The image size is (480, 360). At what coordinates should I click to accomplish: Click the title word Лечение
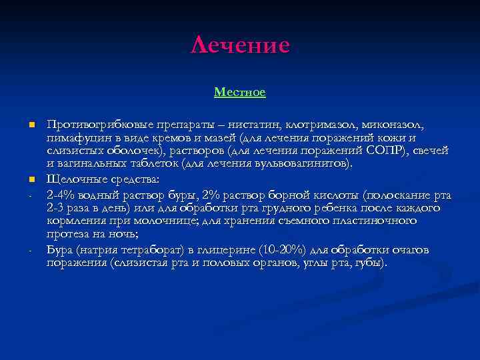240,45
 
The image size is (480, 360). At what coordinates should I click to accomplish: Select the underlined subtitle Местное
240,92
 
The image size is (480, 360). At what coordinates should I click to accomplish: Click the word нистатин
253,125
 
